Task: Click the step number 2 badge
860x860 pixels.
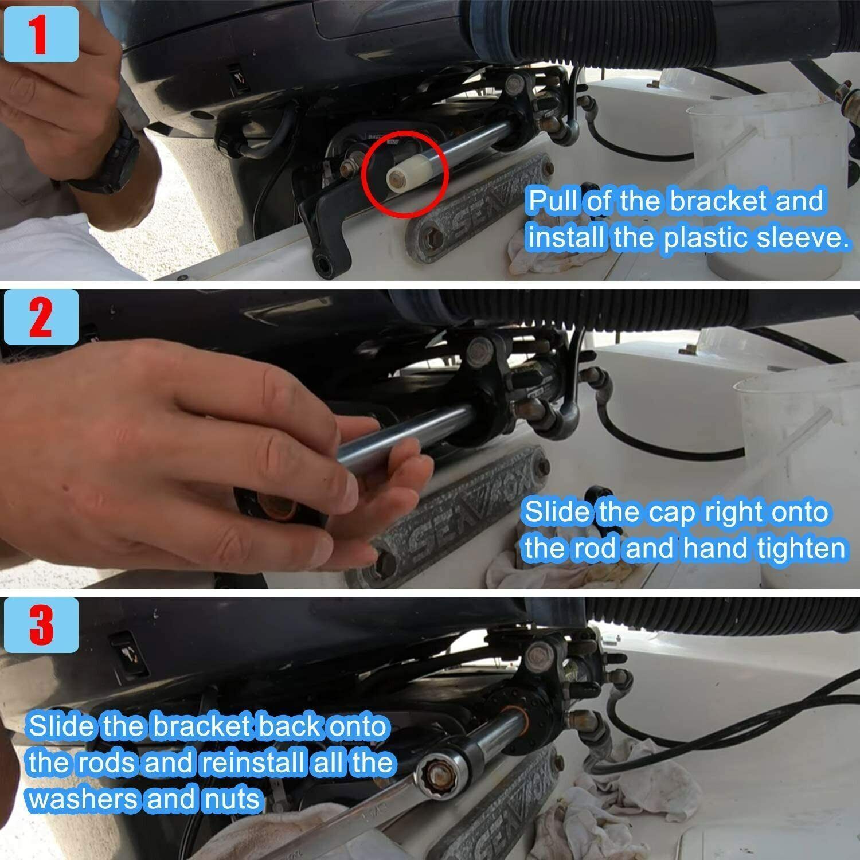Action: point(40,316)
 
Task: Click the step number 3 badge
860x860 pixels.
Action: point(40,624)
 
